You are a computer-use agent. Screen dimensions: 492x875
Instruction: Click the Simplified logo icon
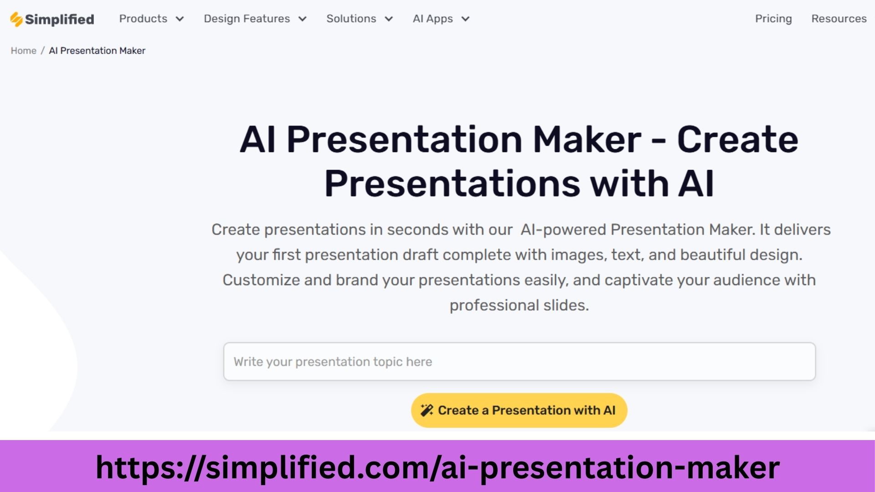(x=16, y=20)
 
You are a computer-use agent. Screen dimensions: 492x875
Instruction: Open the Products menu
(x=143, y=19)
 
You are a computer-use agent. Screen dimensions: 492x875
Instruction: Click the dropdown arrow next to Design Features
(x=303, y=19)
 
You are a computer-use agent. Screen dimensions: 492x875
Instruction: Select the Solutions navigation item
(x=351, y=19)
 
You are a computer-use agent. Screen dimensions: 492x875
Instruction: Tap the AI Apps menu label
(x=432, y=19)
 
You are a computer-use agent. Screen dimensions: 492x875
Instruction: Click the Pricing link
(x=773, y=19)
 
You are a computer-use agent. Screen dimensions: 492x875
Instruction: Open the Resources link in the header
(x=839, y=19)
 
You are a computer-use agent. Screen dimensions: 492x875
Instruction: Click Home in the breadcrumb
(x=24, y=51)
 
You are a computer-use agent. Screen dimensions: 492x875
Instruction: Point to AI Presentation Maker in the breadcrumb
(x=97, y=51)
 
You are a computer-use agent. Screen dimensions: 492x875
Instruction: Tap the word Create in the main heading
(x=737, y=139)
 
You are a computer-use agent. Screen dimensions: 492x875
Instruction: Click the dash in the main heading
(x=659, y=141)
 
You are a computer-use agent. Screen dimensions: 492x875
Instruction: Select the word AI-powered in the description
(x=563, y=230)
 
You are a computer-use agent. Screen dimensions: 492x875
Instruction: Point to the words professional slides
(x=519, y=305)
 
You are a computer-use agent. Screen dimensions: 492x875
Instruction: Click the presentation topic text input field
(x=519, y=362)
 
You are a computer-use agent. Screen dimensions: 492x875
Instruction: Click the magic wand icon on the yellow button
(x=427, y=410)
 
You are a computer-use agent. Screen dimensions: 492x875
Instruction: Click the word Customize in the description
(x=261, y=280)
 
